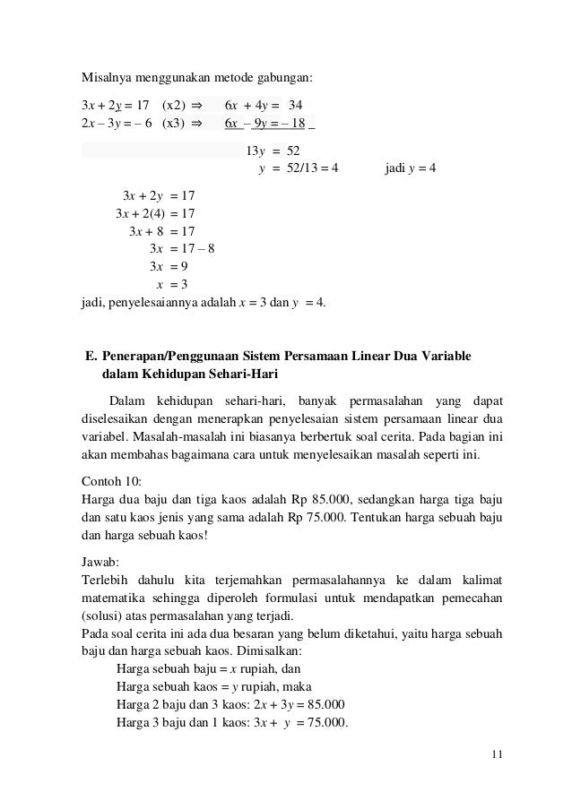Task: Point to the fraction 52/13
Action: click(x=306, y=168)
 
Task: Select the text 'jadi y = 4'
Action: click(x=410, y=168)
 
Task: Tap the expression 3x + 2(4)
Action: click(x=140, y=212)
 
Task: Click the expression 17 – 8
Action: click(x=197, y=249)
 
